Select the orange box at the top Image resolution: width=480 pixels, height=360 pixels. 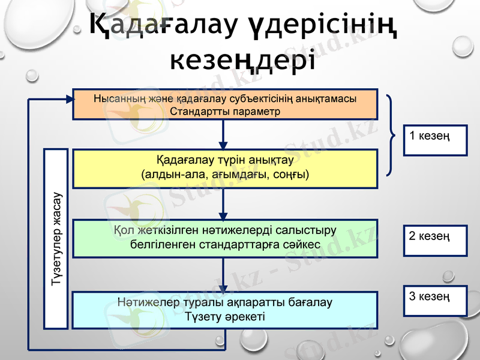click(225, 104)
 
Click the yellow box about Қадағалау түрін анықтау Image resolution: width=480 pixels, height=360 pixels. click(225, 169)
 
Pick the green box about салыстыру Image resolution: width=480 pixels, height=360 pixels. click(225, 238)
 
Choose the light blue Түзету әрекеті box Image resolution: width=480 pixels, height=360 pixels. click(225, 310)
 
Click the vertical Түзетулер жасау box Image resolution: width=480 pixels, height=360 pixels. click(56, 238)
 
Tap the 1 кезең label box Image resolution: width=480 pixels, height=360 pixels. click(427, 140)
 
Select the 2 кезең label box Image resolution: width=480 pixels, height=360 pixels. click(427, 240)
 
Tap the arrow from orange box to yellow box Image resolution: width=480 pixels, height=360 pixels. click(223, 134)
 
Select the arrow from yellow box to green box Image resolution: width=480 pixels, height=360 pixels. click(223, 204)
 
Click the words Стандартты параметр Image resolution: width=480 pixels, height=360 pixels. click(225, 111)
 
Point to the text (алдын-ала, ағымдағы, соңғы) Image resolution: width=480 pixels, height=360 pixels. click(225, 175)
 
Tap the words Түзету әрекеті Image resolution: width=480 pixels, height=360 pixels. click(225, 316)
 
